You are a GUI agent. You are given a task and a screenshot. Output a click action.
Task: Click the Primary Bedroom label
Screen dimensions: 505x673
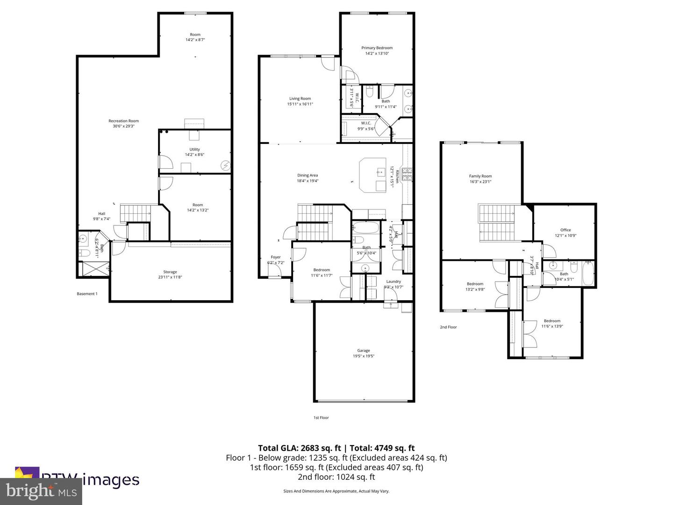click(x=377, y=48)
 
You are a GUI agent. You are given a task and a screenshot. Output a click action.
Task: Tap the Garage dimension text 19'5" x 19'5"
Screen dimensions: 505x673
click(x=364, y=356)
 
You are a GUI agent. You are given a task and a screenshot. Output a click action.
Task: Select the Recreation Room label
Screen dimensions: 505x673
click(x=123, y=121)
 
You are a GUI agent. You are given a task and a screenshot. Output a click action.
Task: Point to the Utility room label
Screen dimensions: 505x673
click(x=194, y=150)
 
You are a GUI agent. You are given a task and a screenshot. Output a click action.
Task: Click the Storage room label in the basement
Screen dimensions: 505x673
click(x=170, y=272)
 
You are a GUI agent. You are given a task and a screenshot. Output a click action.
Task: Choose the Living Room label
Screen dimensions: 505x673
click(x=300, y=99)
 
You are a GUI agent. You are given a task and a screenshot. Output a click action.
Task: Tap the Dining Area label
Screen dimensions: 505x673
click(x=308, y=175)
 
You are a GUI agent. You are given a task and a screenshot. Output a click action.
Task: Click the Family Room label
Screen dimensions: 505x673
click(x=480, y=176)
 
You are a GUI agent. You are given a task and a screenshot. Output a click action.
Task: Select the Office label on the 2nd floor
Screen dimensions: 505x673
click(x=566, y=230)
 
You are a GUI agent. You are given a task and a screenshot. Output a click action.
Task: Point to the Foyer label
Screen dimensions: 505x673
click(x=276, y=257)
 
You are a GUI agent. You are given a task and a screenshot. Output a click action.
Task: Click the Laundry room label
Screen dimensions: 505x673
click(x=394, y=281)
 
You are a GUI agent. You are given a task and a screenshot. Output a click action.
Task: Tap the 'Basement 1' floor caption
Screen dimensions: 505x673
click(x=87, y=294)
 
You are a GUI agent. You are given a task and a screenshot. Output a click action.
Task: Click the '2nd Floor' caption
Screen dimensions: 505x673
click(x=448, y=327)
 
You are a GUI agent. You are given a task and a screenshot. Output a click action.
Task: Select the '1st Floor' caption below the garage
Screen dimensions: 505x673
click(x=321, y=418)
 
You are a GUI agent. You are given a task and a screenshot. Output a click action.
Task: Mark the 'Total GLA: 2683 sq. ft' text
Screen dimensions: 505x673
click(x=299, y=448)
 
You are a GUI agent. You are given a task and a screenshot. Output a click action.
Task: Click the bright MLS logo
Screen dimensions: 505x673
click(x=41, y=491)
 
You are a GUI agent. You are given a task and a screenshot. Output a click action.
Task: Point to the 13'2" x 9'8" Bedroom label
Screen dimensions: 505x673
click(x=475, y=284)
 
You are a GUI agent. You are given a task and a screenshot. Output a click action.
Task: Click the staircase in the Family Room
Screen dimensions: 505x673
click(x=496, y=222)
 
